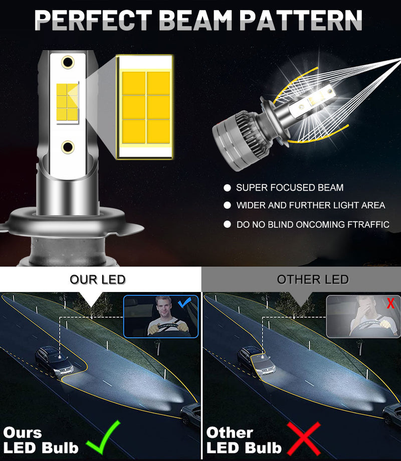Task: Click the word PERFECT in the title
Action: [x=93, y=20]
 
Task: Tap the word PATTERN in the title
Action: [x=301, y=20]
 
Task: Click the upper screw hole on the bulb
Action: [x=68, y=62]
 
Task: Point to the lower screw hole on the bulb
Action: [x=68, y=147]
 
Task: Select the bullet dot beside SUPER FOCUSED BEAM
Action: [x=227, y=188]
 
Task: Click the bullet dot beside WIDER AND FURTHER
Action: [x=227, y=205]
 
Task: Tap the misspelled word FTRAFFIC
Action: [x=368, y=225]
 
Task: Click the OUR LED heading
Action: [x=98, y=279]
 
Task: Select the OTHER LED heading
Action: [x=313, y=279]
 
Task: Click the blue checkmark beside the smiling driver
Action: [x=184, y=302]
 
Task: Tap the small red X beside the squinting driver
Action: [x=390, y=303]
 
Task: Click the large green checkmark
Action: [x=103, y=437]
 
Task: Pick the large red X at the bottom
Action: [x=304, y=438]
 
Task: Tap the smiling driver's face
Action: [x=164, y=307]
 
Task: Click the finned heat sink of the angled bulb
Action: [x=247, y=133]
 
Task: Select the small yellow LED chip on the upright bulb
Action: [x=67, y=102]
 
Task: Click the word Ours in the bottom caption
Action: [x=23, y=433]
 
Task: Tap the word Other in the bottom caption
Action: [x=230, y=433]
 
